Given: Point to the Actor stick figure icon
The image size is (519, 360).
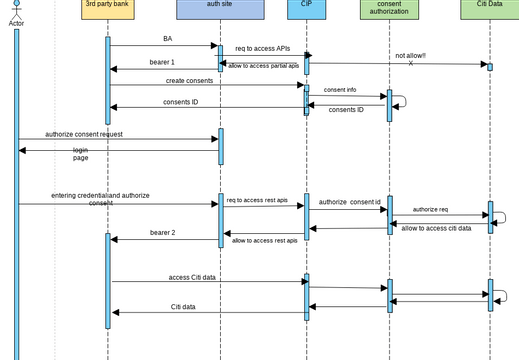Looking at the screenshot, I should tap(16, 8).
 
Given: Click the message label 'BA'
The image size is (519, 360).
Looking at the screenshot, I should tap(168, 39).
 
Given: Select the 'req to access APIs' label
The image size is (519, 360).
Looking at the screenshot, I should tap(262, 48).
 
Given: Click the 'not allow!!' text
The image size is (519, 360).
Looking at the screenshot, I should tap(410, 56).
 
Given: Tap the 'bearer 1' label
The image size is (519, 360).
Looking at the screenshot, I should tap(163, 62).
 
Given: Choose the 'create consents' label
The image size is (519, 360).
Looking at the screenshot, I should tap(189, 80).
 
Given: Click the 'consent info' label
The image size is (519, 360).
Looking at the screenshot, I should tap(340, 90).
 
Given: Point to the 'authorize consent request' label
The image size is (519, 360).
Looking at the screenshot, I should tap(84, 134).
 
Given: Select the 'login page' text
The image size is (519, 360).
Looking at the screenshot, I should tap(80, 154).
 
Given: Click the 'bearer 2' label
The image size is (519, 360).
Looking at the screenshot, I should tap(163, 232).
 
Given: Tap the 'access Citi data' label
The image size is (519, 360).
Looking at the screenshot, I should tap(192, 277).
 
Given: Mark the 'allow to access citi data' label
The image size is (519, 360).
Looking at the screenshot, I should tap(436, 228).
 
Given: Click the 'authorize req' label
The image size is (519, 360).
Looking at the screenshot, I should tap(430, 209).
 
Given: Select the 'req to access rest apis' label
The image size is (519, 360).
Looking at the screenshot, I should tap(257, 200).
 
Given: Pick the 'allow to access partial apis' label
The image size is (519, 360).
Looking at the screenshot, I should tap(263, 66).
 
